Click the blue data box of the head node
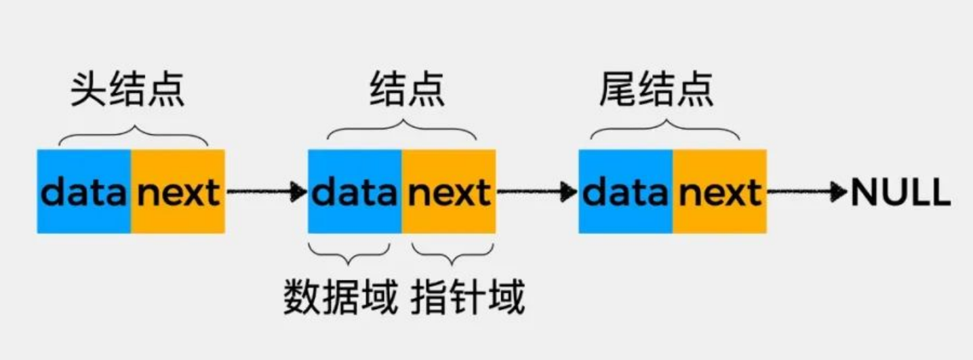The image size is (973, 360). tap(83, 192)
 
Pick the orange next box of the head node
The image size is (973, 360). tap(178, 192)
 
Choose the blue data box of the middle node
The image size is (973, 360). tap(355, 192)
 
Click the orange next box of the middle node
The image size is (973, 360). tap(449, 192)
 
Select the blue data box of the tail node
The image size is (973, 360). tap(625, 192)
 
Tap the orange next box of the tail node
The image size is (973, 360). tap(719, 192)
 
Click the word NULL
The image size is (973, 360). tap(900, 193)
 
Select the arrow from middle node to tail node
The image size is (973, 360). tap(536, 192)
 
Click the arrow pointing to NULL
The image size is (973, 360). tap(808, 192)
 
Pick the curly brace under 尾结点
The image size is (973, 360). tap(664, 132)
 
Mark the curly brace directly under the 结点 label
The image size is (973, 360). tap(401, 132)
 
